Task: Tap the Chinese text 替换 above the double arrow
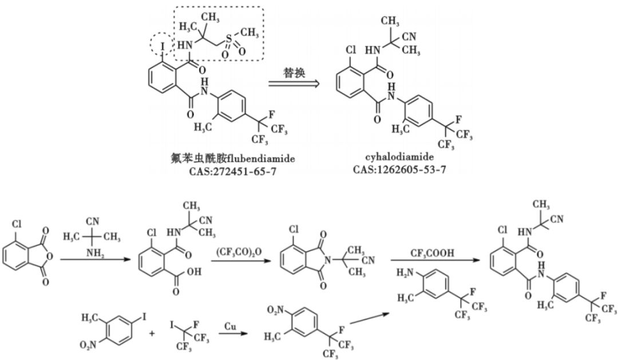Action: click(296, 74)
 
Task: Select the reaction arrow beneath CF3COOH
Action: click(434, 261)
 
